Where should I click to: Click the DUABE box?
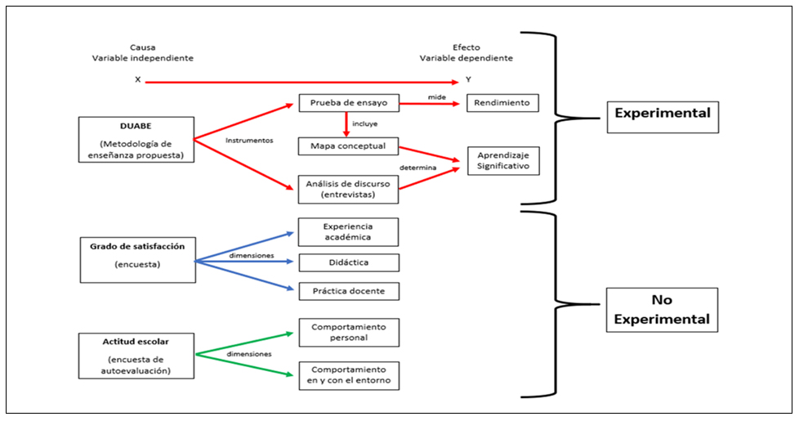click(136, 139)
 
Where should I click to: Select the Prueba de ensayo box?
click(348, 103)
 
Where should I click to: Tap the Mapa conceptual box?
click(348, 146)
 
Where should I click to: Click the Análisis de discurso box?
click(348, 189)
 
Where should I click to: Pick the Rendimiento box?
click(502, 103)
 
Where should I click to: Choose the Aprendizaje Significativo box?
click(502, 160)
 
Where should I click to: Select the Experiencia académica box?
click(348, 231)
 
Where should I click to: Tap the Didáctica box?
click(348, 262)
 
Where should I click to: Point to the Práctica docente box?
click(348, 291)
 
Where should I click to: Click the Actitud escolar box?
click(137, 355)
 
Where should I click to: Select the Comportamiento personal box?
click(348, 332)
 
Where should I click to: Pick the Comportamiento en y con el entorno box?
click(348, 375)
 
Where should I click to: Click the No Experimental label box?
click(662, 309)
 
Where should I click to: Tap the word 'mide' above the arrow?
click(436, 97)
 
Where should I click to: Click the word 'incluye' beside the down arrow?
click(364, 124)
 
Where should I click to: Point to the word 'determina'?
click(417, 168)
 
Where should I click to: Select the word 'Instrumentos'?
click(249, 140)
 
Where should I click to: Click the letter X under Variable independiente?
click(137, 80)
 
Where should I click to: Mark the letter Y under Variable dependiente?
click(468, 80)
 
